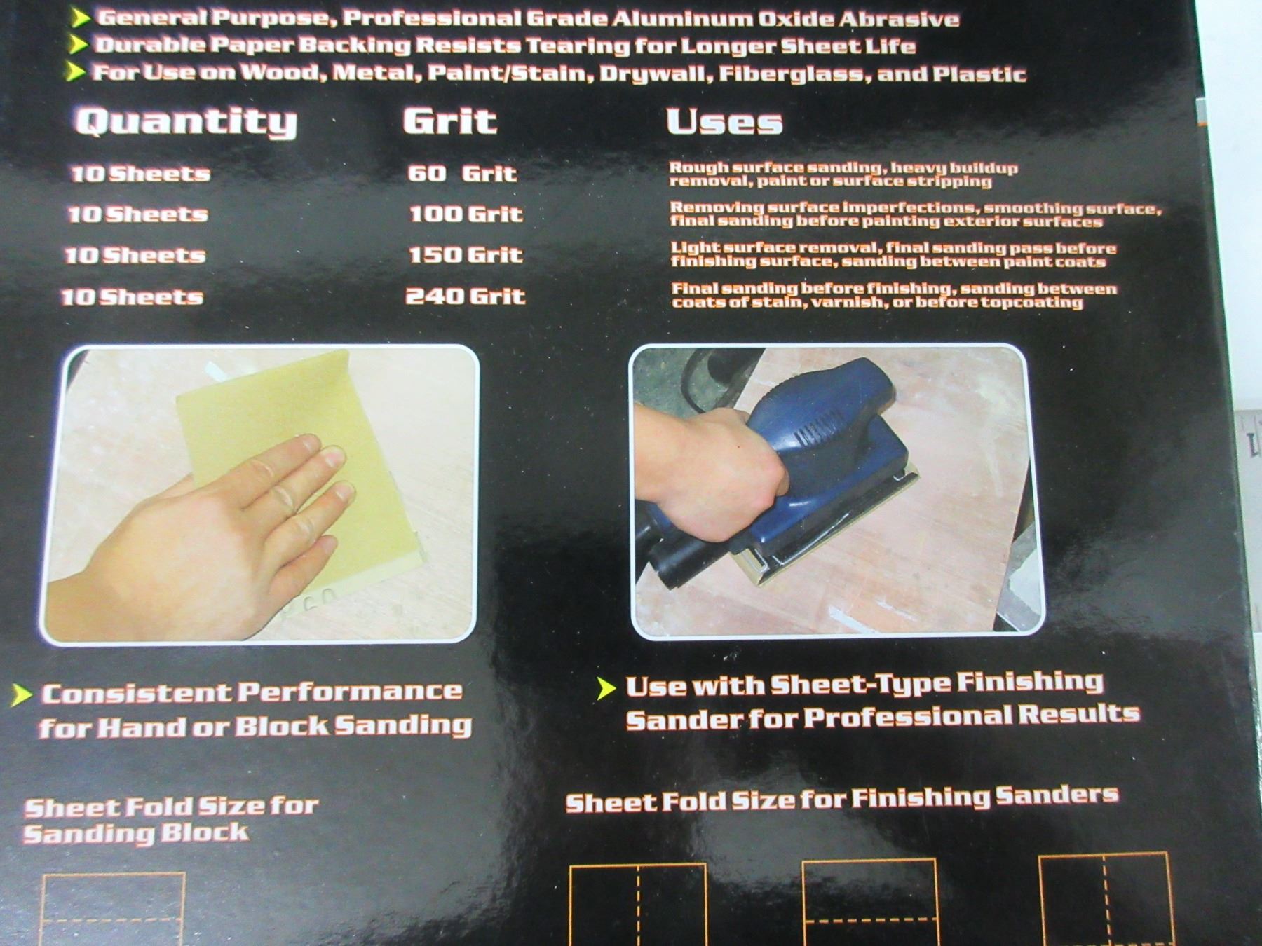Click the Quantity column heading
[x=186, y=123]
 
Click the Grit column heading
[x=450, y=121]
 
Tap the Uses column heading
[x=724, y=122]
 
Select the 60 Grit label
[x=462, y=173]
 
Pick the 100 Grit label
[x=466, y=214]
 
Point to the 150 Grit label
[x=466, y=254]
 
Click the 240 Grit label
[x=466, y=296]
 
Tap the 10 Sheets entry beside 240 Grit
[x=133, y=296]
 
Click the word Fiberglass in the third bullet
[x=790, y=74]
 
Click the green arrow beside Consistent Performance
[x=22, y=694]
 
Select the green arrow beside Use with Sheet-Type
[x=606, y=688]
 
